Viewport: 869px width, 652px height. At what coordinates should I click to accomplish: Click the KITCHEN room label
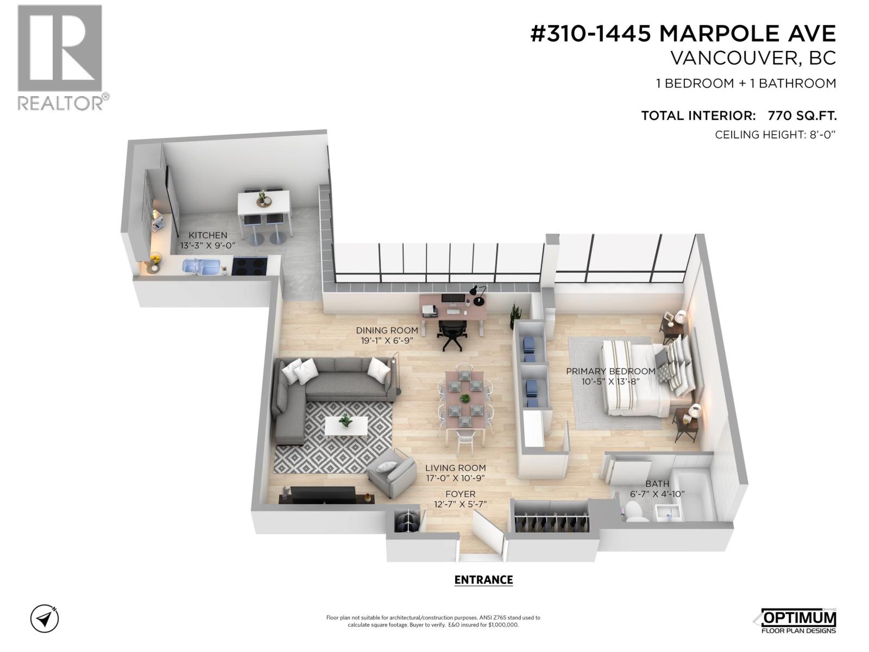click(207, 235)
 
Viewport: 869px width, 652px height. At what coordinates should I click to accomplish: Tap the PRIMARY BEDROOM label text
click(610, 371)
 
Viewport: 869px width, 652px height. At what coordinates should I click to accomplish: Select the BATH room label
click(657, 484)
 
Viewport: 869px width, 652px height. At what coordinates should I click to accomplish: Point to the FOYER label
click(460, 494)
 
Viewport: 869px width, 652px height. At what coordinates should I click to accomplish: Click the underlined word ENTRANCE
click(483, 580)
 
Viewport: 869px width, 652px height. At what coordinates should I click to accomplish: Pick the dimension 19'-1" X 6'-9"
click(387, 341)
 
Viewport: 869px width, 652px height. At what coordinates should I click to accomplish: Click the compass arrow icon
click(45, 618)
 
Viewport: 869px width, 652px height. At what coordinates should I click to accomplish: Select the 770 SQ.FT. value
click(802, 116)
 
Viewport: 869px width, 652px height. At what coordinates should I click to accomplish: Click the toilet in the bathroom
click(635, 511)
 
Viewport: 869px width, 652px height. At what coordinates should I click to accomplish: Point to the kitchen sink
click(200, 266)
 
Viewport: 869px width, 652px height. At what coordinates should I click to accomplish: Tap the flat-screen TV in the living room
click(323, 494)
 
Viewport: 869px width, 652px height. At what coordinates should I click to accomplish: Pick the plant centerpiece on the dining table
click(464, 398)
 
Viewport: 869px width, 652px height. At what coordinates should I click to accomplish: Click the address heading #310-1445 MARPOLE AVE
click(683, 34)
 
